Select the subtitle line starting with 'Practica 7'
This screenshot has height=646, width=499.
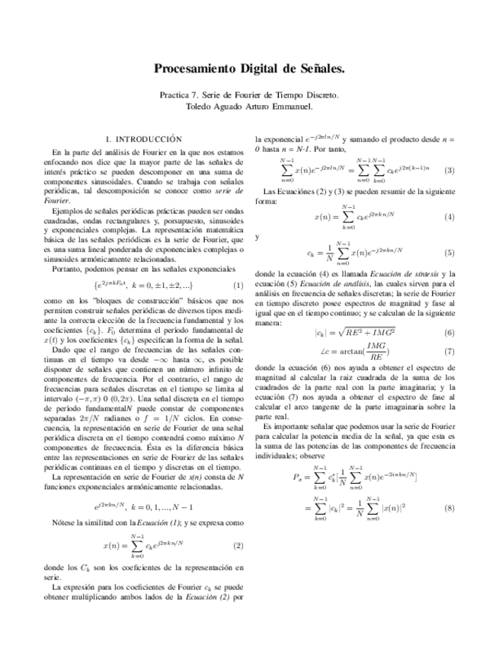click(x=249, y=96)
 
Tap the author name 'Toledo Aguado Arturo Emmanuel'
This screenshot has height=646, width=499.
click(x=249, y=107)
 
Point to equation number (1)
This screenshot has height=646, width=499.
click(x=238, y=285)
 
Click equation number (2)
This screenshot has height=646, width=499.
click(x=238, y=545)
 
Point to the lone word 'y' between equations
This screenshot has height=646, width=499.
click(x=258, y=236)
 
